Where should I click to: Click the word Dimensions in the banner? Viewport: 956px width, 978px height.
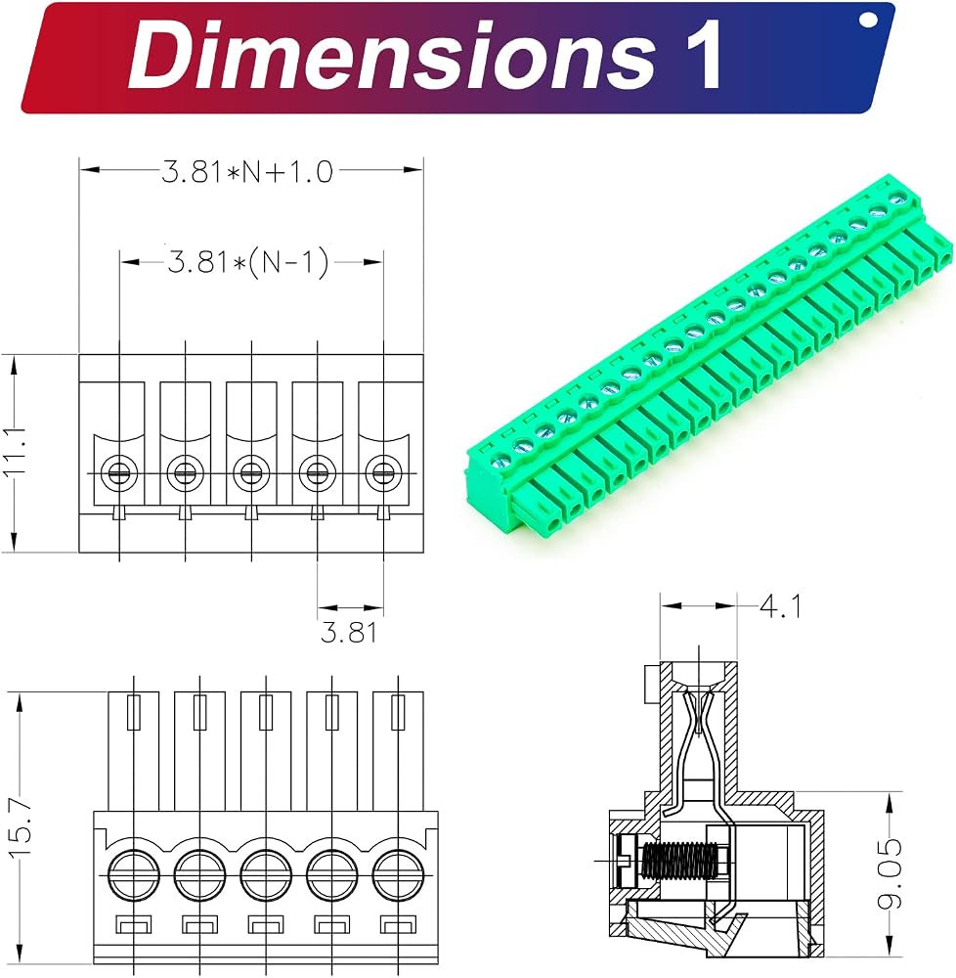tap(390, 56)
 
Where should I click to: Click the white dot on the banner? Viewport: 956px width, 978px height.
tap(867, 21)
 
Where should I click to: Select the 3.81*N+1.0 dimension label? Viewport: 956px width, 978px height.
tap(247, 171)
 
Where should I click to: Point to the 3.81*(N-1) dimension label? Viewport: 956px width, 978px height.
tap(248, 262)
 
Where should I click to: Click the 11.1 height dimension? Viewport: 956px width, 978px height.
tap(15, 452)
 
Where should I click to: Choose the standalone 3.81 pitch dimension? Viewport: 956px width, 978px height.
tap(349, 633)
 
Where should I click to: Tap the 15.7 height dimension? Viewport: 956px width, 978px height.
tap(22, 829)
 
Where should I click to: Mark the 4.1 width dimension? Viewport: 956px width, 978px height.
tap(780, 606)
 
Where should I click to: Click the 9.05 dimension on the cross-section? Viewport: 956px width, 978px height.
tap(890, 872)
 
